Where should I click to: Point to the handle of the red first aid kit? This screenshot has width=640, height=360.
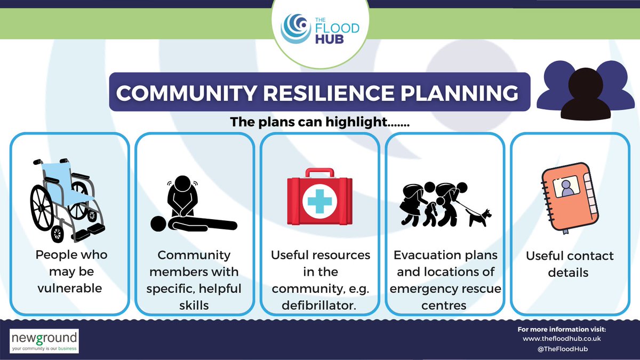click(x=319, y=174)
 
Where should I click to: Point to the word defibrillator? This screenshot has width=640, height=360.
click(x=319, y=306)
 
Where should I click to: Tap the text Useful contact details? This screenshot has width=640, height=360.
click(x=570, y=264)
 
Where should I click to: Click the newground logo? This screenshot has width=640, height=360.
click(x=44, y=340)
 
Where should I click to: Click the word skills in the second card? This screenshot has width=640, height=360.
click(x=194, y=306)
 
